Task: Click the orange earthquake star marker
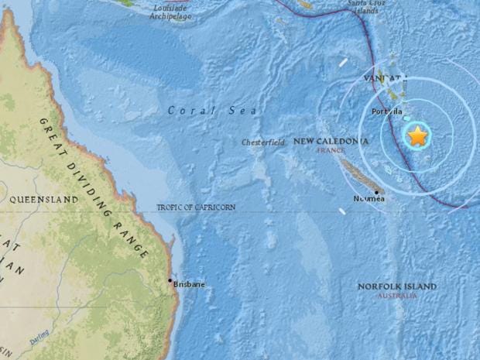[x=417, y=135]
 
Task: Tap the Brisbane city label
[x=190, y=285]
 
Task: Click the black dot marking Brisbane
[x=170, y=280]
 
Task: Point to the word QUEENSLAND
[x=44, y=199]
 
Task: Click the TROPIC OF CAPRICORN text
[x=196, y=207]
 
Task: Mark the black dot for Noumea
[x=376, y=192]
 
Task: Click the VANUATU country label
[x=385, y=79]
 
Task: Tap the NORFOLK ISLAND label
[x=396, y=286]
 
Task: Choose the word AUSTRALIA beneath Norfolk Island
[x=396, y=296]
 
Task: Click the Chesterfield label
[x=263, y=142]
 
